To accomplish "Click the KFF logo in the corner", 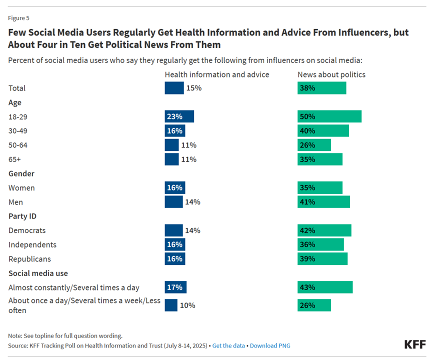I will point(414,345).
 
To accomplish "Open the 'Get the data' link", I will point(228,345).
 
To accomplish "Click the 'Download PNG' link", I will point(270,345).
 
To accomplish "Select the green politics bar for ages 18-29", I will point(329,116).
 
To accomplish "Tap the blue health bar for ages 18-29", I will point(179,116).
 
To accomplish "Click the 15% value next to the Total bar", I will point(193,88).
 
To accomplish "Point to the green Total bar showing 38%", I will point(321,88).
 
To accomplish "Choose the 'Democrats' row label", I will point(27,230).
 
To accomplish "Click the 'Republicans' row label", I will point(29,259).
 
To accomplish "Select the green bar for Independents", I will point(320,244).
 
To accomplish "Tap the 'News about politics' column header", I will point(331,74).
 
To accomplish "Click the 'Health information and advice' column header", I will point(217,74).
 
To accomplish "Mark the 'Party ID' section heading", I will point(22,216).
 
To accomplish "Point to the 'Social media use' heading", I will point(38,273).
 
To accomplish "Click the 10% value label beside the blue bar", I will point(187,305).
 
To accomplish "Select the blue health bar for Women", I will point(174,188).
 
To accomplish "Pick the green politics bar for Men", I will point(323,202).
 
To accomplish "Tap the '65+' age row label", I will point(15,159).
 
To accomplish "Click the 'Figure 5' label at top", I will point(18,18).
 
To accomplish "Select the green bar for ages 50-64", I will point(314,145).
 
